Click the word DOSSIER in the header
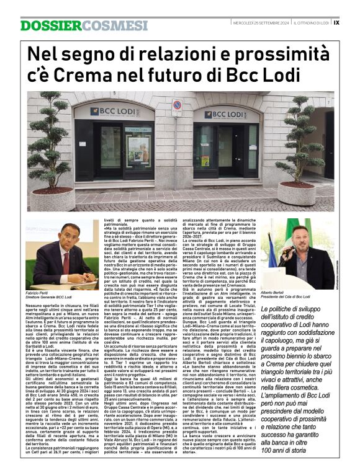click(42, 25)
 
